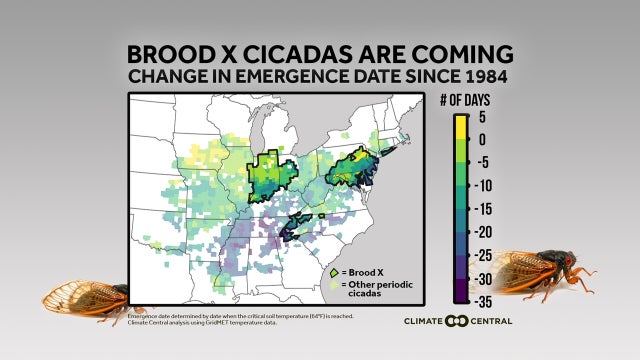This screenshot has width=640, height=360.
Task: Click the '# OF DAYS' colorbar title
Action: tap(462, 101)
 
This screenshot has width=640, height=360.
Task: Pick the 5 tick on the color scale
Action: tap(481, 116)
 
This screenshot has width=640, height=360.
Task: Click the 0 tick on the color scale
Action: tap(481, 139)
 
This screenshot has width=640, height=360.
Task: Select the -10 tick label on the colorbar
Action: tap(484, 185)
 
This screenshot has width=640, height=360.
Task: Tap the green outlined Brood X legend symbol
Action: tap(333, 271)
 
